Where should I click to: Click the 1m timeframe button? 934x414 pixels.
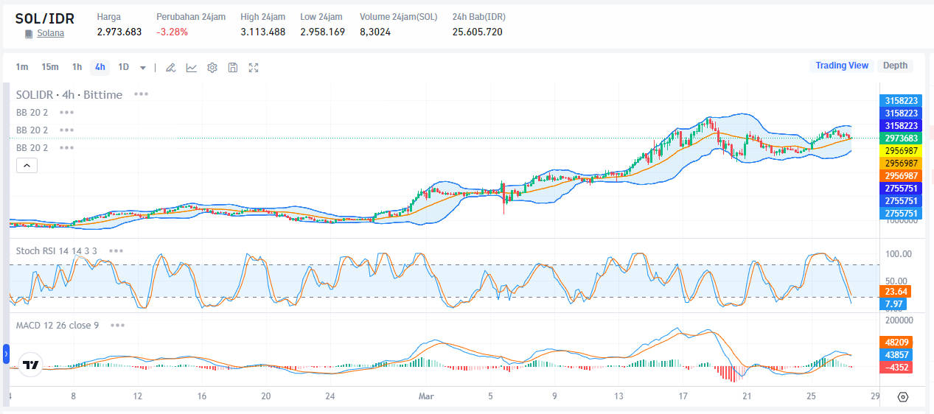click(x=22, y=67)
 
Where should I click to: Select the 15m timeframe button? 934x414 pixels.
click(x=49, y=67)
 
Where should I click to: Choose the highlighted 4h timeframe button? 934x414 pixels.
click(x=100, y=67)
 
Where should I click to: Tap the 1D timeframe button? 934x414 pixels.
click(x=123, y=67)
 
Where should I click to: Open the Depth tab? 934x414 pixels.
click(x=895, y=66)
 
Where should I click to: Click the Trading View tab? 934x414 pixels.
click(x=841, y=66)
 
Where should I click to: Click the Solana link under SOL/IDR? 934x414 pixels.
click(x=50, y=33)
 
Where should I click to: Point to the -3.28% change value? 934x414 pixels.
click(x=172, y=32)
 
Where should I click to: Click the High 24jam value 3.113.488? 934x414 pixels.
click(x=262, y=32)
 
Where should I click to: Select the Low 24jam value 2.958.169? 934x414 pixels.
click(x=322, y=32)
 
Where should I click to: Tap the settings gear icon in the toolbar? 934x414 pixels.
click(x=212, y=68)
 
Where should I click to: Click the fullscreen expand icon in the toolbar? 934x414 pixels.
click(x=254, y=68)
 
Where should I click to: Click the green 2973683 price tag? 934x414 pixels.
click(x=901, y=138)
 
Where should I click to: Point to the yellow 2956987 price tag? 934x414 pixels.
click(x=901, y=150)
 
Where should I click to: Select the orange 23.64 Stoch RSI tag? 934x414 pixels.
click(x=896, y=291)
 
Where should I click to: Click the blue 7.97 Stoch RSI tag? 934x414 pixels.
click(x=894, y=304)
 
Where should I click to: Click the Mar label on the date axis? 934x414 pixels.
click(x=425, y=396)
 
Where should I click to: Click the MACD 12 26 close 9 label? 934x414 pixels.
click(x=57, y=325)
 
